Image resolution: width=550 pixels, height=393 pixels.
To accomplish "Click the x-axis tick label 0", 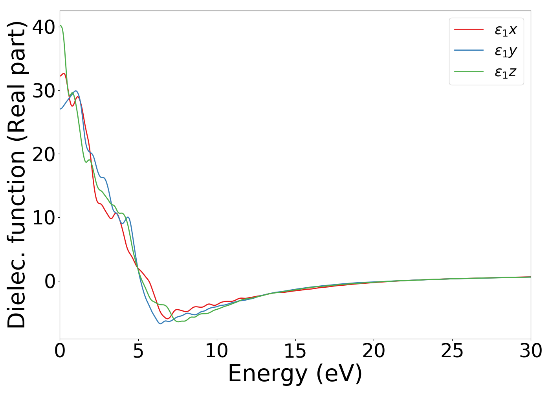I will (x=60, y=351).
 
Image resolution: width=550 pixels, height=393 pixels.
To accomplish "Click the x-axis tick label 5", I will (x=138, y=351).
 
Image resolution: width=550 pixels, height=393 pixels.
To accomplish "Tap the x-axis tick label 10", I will (x=216, y=351).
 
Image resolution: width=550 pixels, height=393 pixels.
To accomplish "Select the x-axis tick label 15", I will (x=295, y=351).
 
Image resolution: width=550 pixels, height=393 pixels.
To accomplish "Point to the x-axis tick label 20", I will (x=374, y=351).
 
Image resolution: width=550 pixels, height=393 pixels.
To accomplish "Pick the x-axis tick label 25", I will (x=452, y=351).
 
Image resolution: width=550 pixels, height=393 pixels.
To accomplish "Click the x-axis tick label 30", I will (x=531, y=351).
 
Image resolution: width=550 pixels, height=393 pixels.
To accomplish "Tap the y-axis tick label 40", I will (x=43, y=27).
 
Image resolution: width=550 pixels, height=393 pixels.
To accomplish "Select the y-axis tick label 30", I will (x=43, y=91).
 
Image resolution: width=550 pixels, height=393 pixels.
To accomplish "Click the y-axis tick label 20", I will (x=43, y=154).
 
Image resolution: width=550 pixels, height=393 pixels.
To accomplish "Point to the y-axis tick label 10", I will (x=43, y=218).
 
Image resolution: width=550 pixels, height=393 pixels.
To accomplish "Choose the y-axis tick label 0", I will (x=49, y=281).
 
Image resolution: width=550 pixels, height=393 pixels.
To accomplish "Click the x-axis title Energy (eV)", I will (x=295, y=373).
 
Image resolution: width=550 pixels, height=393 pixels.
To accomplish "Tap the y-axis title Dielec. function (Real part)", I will (x=16, y=175).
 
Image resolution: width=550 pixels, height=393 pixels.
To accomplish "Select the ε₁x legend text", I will (x=506, y=30).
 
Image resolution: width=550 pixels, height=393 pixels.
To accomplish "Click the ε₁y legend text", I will (x=506, y=51).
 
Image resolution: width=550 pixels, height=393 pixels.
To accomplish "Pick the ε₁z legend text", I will (x=506, y=72).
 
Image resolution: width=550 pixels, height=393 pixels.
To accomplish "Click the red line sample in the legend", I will (x=469, y=29).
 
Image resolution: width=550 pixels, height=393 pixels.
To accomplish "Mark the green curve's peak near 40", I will (x=60, y=26).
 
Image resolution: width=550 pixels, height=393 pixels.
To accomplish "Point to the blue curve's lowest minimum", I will (x=160, y=323).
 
